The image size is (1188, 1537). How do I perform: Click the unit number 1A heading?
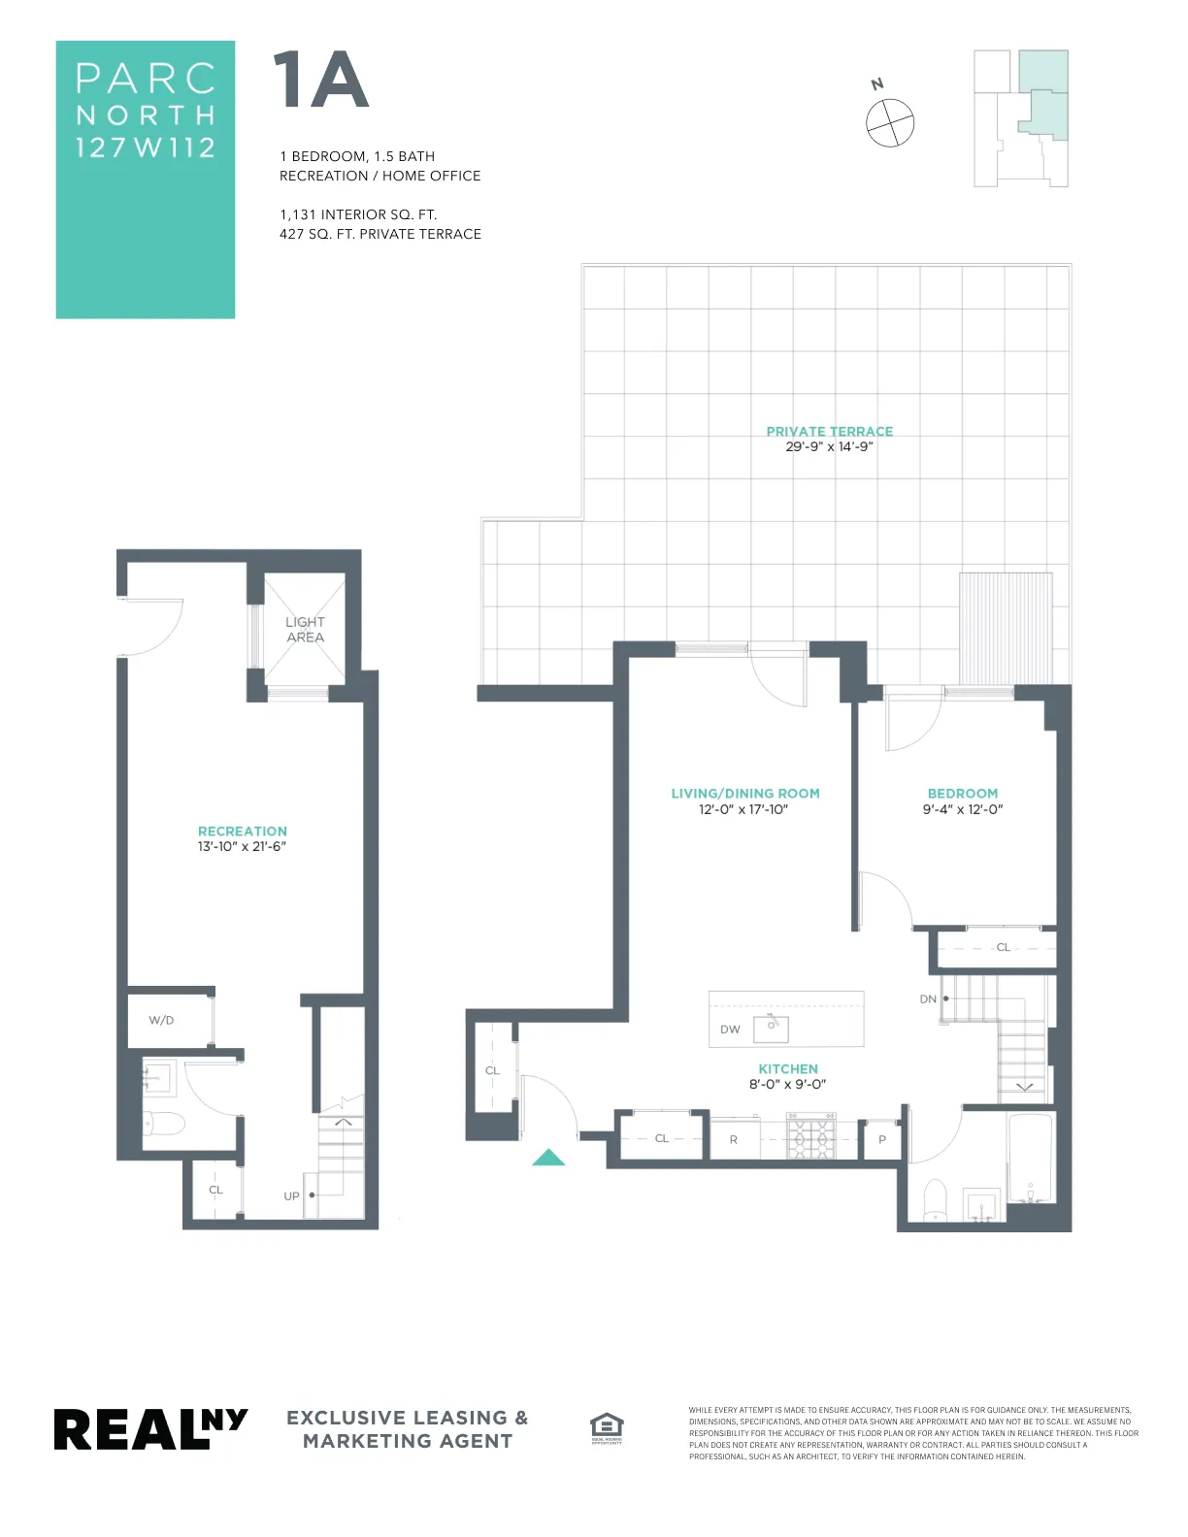coord(320,82)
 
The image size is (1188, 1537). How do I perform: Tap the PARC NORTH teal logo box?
coord(146,180)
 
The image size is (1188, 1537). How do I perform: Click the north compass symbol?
coord(889,122)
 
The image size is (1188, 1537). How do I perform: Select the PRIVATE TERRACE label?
coord(829,431)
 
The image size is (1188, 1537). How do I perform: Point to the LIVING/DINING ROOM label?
coord(744,793)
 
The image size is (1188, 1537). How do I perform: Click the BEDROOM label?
coord(962,793)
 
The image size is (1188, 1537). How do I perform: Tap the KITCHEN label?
coord(787,1068)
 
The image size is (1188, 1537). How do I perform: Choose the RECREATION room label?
coord(242,831)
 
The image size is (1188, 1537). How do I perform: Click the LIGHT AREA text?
coord(305,629)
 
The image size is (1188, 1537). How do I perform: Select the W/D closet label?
coord(161,1020)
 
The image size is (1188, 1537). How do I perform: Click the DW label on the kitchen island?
coord(730,1030)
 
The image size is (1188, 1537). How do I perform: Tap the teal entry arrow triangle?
coord(548,1157)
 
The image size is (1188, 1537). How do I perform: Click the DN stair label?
coord(928,998)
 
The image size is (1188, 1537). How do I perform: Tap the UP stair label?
coord(291,1195)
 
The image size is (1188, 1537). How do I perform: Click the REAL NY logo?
coord(150,1428)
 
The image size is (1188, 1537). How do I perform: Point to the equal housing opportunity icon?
coord(607,1426)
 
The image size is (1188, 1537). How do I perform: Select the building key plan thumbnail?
coord(1021,118)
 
